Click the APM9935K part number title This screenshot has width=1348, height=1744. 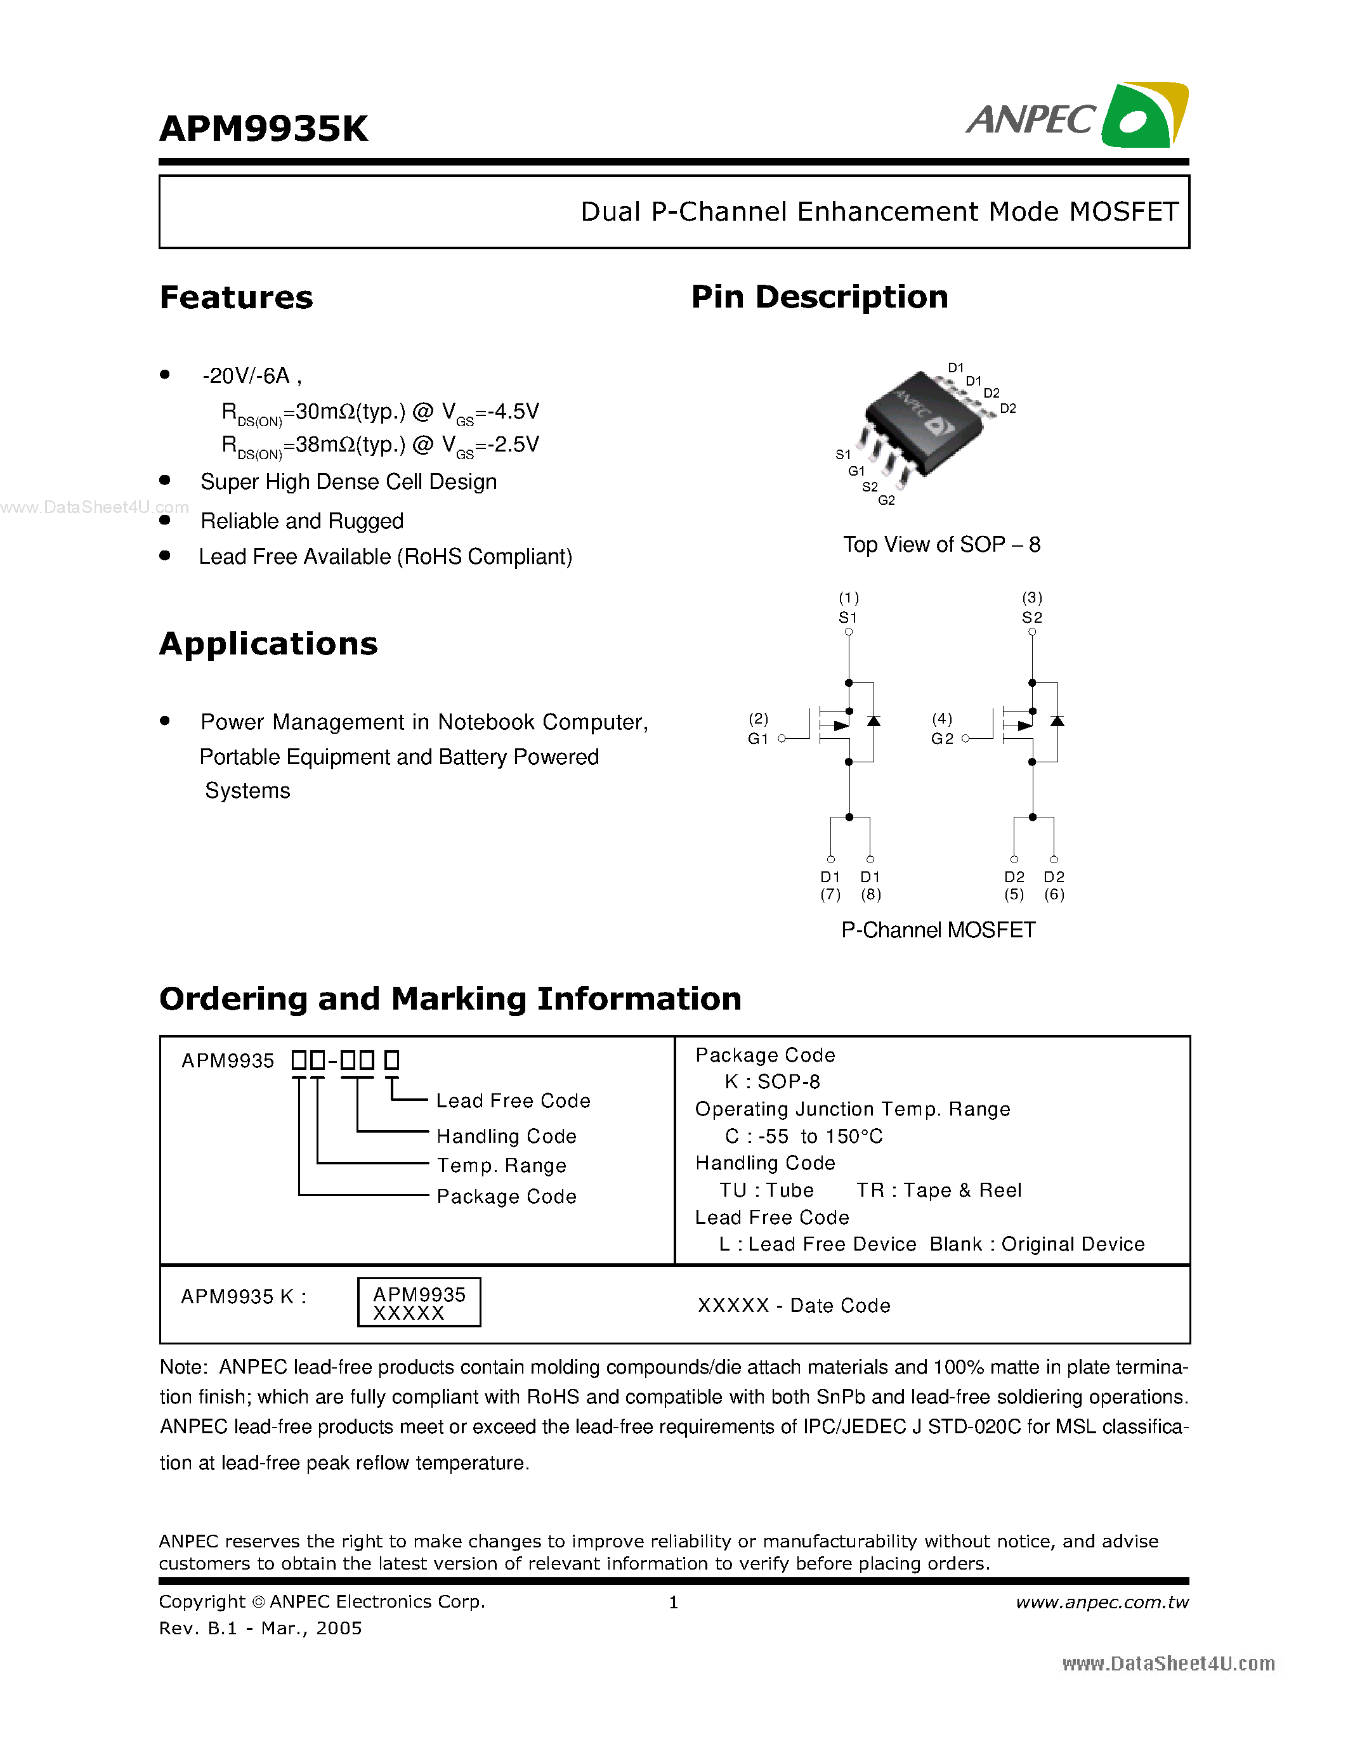point(263,129)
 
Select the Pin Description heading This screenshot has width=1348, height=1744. point(820,297)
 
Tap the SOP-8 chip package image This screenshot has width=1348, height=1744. point(924,425)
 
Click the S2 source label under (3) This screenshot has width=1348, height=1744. point(1031,617)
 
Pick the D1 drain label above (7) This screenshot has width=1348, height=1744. point(830,877)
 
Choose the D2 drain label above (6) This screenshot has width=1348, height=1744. point(1054,877)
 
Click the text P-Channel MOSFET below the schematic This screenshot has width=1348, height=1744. point(938,930)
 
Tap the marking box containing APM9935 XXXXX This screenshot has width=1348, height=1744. point(419,1303)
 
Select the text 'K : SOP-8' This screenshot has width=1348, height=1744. point(771,1082)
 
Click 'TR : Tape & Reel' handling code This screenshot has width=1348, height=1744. point(938,1190)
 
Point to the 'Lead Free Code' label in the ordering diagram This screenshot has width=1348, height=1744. point(513,1101)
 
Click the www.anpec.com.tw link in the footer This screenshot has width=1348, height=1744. point(1102,1603)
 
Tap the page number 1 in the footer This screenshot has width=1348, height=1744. point(673,1603)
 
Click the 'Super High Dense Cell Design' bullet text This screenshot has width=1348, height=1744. point(348,483)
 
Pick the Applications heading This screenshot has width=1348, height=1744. point(268,644)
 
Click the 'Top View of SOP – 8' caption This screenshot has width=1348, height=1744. point(941,545)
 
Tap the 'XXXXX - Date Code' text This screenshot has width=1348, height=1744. point(794,1306)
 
